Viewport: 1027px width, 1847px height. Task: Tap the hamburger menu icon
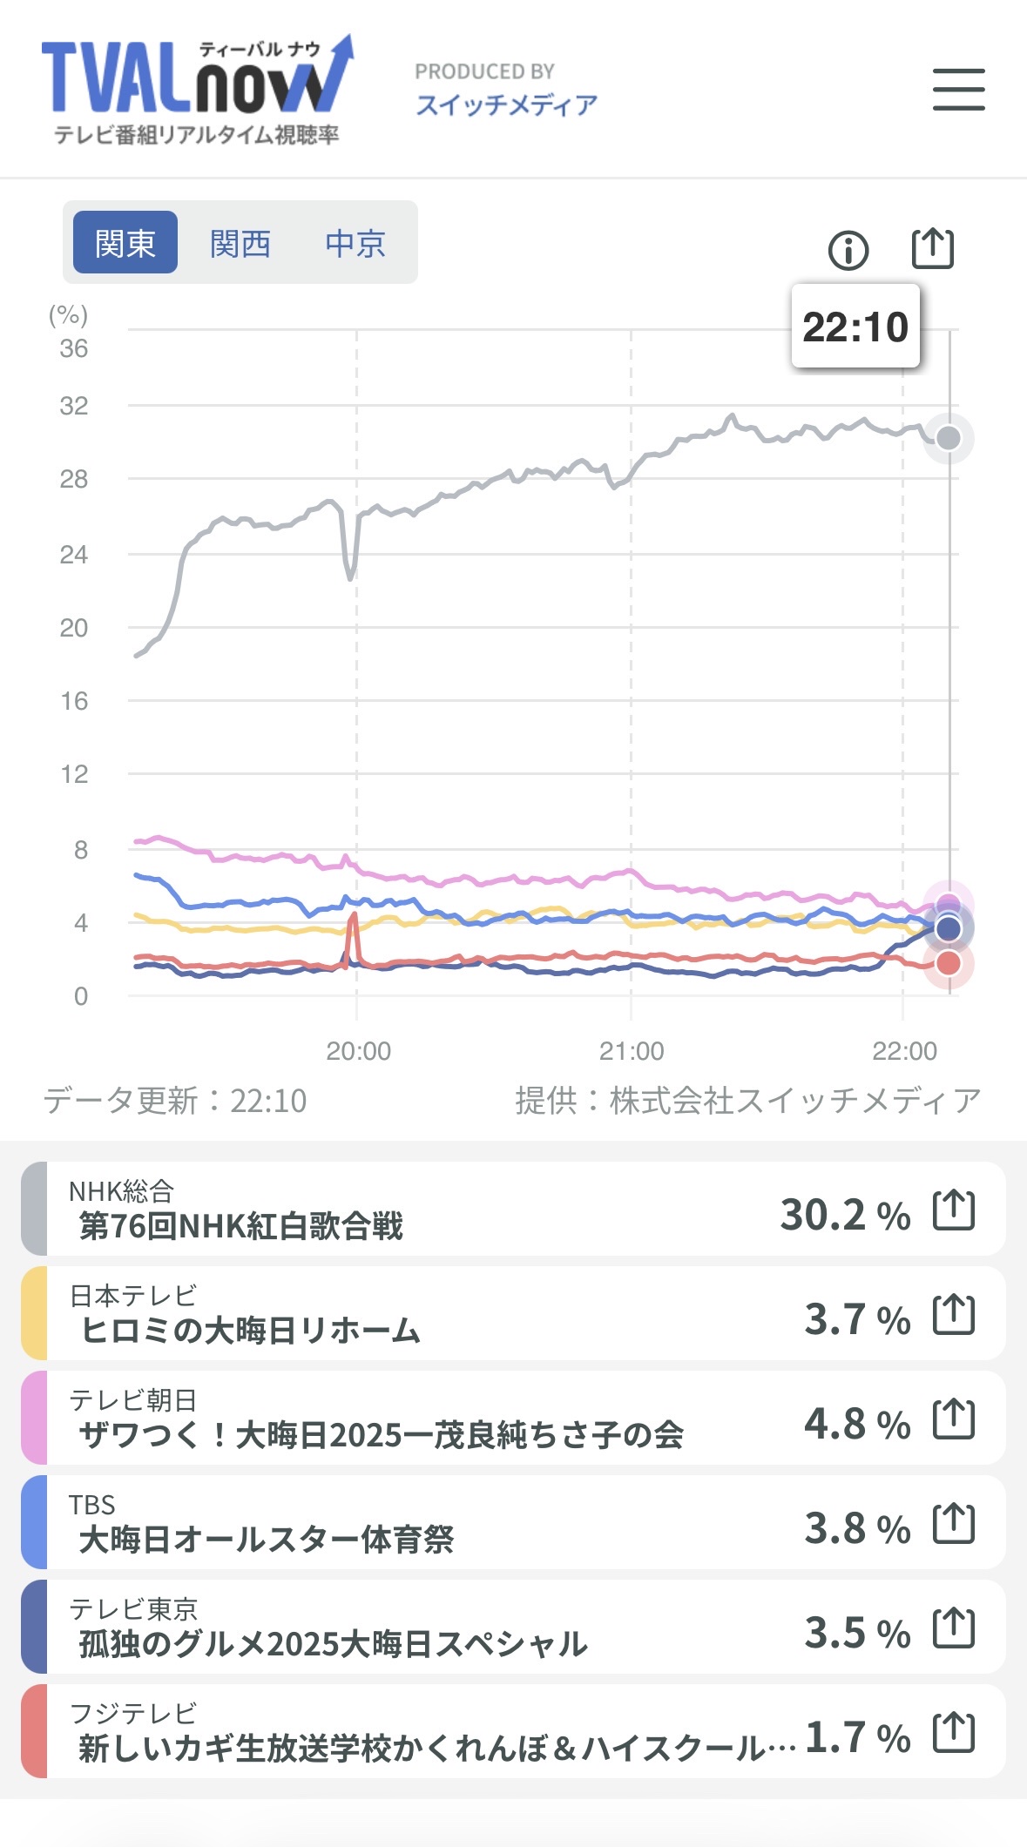click(958, 90)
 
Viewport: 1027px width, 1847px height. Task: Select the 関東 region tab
click(125, 243)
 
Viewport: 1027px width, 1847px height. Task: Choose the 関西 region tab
click(240, 243)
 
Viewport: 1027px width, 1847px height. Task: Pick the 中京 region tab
click(355, 243)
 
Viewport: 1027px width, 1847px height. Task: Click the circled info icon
click(848, 251)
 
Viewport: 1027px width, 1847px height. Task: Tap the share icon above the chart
click(932, 249)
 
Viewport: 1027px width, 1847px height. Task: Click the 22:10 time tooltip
click(855, 327)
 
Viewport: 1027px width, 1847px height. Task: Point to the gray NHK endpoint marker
click(948, 438)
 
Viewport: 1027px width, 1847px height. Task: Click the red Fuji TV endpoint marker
click(948, 964)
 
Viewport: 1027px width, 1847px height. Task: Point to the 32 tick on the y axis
click(74, 406)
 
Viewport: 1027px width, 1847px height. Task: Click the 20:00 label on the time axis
click(358, 1051)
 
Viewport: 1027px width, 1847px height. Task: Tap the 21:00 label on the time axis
click(632, 1051)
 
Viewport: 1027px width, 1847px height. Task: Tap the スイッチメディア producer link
click(506, 104)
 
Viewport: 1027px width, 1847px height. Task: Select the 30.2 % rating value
click(844, 1215)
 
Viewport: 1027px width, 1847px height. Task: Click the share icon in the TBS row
click(954, 1524)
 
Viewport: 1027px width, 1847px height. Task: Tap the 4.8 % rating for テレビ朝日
click(856, 1424)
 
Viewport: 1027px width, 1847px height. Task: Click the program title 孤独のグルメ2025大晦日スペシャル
click(333, 1644)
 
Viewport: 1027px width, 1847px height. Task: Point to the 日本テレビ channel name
click(133, 1296)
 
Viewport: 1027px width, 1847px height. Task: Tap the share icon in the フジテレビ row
click(954, 1733)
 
